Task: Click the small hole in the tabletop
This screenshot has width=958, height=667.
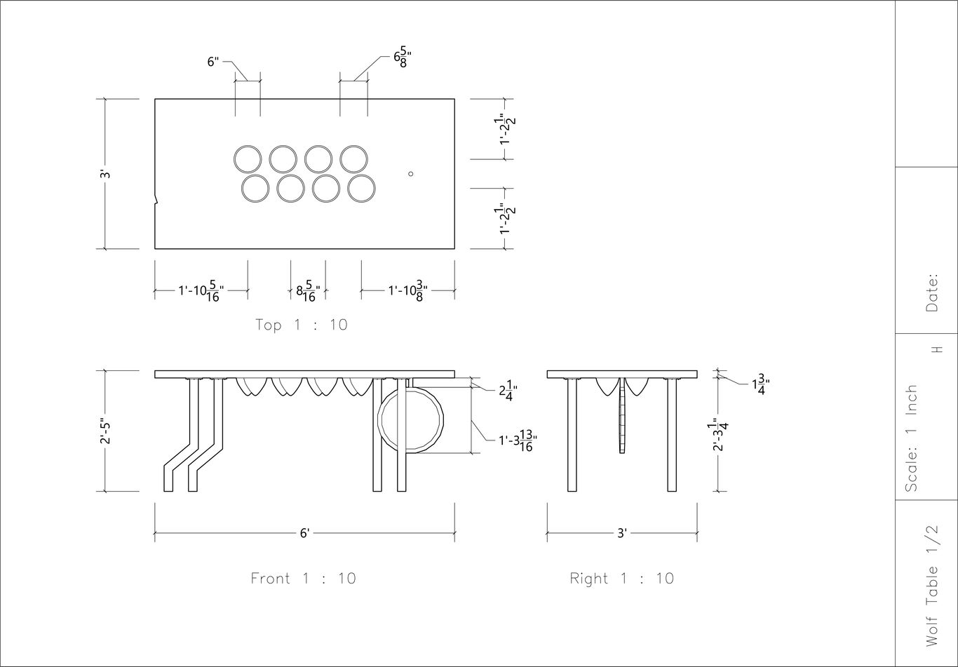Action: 410,174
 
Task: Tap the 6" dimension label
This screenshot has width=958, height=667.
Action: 213,62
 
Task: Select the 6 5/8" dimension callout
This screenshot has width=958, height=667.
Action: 403,59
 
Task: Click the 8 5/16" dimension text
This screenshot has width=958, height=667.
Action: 308,291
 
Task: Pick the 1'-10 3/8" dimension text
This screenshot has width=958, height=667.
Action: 407,291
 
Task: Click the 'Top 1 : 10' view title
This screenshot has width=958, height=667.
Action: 302,325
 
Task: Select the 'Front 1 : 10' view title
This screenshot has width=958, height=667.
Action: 303,579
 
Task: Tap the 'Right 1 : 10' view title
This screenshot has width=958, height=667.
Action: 622,579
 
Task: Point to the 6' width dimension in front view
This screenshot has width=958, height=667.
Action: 304,533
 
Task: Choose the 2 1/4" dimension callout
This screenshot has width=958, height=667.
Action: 508,392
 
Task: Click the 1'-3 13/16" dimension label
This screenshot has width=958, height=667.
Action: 518,440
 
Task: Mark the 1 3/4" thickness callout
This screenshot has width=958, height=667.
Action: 761,384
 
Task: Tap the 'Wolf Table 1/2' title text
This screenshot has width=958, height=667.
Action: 932,586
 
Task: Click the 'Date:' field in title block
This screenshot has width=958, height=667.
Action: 932,292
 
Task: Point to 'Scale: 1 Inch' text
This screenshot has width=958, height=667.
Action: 911,438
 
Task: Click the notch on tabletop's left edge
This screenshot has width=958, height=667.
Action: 156,199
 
